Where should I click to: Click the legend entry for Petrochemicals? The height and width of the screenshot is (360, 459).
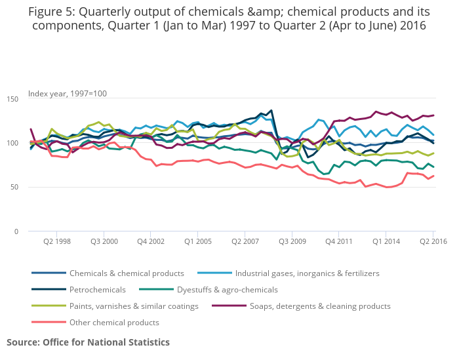(99, 289)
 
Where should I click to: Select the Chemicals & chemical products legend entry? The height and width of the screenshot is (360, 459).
(127, 273)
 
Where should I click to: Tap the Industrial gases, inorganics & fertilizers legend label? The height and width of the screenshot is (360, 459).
(307, 273)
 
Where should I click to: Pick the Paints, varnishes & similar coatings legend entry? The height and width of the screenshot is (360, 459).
(134, 306)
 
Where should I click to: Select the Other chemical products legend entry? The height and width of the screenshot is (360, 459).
(114, 322)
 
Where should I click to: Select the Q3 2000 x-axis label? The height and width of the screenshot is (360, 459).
(104, 242)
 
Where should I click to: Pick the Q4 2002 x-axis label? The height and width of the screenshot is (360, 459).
(151, 242)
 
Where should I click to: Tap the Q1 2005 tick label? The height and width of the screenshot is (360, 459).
(198, 242)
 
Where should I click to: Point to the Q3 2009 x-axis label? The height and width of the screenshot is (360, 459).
(292, 242)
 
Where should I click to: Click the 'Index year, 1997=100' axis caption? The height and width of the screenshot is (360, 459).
(68, 94)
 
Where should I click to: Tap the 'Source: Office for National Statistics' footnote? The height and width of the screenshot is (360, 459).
(88, 342)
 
